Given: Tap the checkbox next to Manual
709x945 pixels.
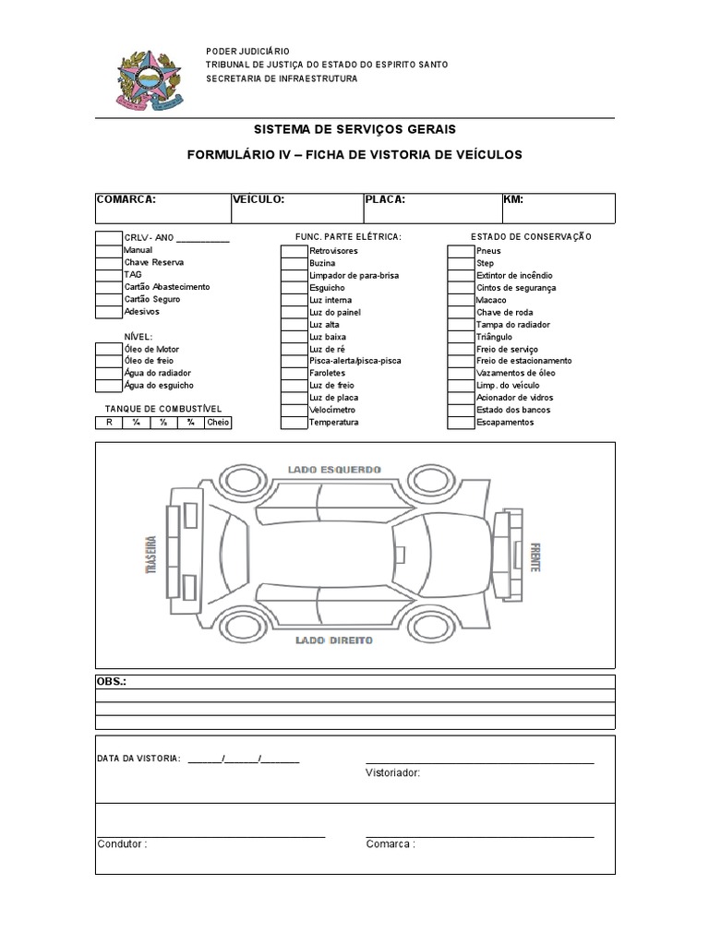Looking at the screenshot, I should point(109,250).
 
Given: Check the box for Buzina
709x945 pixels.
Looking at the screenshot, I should point(294,263).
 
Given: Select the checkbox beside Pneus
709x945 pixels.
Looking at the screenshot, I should point(461,250).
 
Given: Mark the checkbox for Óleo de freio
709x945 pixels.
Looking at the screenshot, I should point(109,361).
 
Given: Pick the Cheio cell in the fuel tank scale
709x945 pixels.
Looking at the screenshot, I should point(218,423).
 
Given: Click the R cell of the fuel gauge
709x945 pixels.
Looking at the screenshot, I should point(109,423).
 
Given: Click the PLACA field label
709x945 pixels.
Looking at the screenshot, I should point(385,199).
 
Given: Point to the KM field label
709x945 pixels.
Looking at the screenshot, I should point(513,199).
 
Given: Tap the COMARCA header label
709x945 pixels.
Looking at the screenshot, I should point(126,199).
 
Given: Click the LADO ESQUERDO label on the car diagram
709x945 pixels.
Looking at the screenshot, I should point(334,470).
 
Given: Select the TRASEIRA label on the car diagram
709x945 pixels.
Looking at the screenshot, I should point(150,557).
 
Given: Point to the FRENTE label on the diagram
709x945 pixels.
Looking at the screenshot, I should point(535,557).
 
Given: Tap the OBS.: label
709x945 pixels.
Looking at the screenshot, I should point(112,681).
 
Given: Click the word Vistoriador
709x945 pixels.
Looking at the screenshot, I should point(392,772).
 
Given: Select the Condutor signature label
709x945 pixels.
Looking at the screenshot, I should point(122,843).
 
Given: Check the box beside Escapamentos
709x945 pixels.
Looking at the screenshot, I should point(461,423).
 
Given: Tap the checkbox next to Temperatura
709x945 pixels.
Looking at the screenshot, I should point(294,423).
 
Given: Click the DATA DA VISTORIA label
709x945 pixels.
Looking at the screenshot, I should point(138,759).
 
